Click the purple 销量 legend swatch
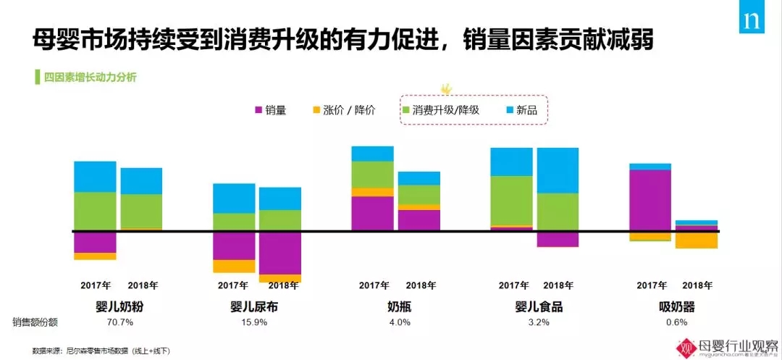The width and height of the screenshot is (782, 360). [x=258, y=111]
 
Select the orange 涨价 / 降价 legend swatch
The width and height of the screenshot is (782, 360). [x=316, y=111]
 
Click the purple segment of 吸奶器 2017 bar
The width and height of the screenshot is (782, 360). [x=650, y=201]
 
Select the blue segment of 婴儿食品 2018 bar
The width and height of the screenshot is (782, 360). [x=558, y=170]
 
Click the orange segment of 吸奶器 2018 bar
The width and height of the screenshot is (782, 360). [x=697, y=240]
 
